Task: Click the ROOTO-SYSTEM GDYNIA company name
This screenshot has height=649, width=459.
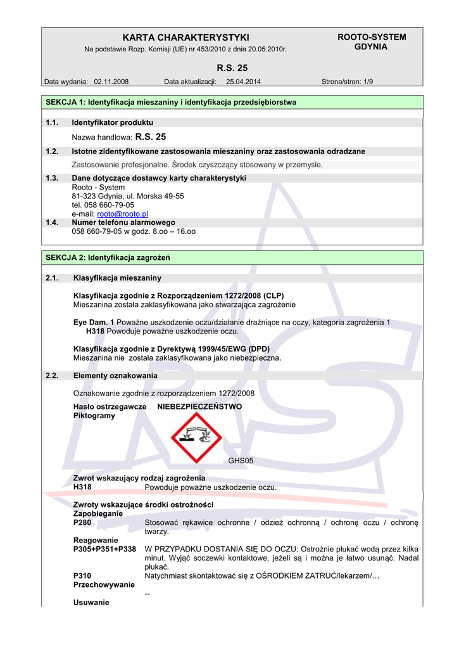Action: click(371, 42)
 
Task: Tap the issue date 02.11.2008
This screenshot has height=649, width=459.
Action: click(111, 81)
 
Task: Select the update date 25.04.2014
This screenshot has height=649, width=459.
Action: click(243, 81)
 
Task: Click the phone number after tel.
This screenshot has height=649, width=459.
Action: click(110, 205)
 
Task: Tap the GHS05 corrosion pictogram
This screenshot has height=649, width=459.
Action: click(196, 437)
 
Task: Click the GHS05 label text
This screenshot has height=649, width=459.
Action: click(241, 461)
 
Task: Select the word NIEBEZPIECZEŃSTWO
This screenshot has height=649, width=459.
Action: click(199, 406)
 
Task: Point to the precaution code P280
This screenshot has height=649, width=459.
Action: click(83, 523)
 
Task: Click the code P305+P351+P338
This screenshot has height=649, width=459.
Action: click(105, 549)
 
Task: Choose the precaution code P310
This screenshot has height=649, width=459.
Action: click(83, 575)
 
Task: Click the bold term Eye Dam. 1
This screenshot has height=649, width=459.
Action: click(94, 322)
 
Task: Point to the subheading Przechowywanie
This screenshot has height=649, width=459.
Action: click(104, 584)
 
